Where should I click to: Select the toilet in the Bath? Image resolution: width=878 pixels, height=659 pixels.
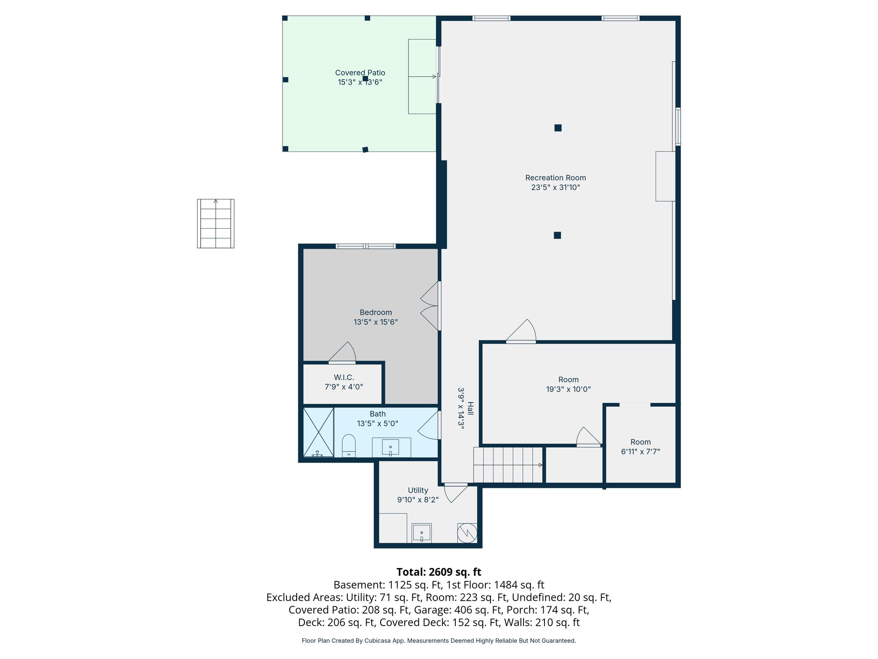[x=349, y=446]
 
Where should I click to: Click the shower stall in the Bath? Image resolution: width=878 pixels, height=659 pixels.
[x=319, y=432]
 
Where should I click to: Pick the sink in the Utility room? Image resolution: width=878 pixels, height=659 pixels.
[x=421, y=533]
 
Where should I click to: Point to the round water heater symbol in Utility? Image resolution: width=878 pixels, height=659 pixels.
[x=467, y=533]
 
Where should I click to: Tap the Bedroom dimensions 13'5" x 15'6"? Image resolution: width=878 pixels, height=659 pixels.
[x=376, y=322]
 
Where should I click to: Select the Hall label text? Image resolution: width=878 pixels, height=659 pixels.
[x=470, y=408]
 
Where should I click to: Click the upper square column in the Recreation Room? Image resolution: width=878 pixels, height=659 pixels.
[x=558, y=127]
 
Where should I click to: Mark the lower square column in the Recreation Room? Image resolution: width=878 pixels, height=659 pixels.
[x=557, y=235]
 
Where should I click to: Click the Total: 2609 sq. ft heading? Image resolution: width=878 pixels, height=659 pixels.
[x=439, y=572]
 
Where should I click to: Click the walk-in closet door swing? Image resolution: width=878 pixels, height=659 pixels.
[x=342, y=352]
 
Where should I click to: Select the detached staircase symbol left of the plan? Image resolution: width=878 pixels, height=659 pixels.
[x=216, y=223]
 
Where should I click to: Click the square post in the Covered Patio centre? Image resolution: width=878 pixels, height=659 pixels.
[x=365, y=79]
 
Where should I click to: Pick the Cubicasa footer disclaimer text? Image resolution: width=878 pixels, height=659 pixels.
[x=439, y=641]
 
